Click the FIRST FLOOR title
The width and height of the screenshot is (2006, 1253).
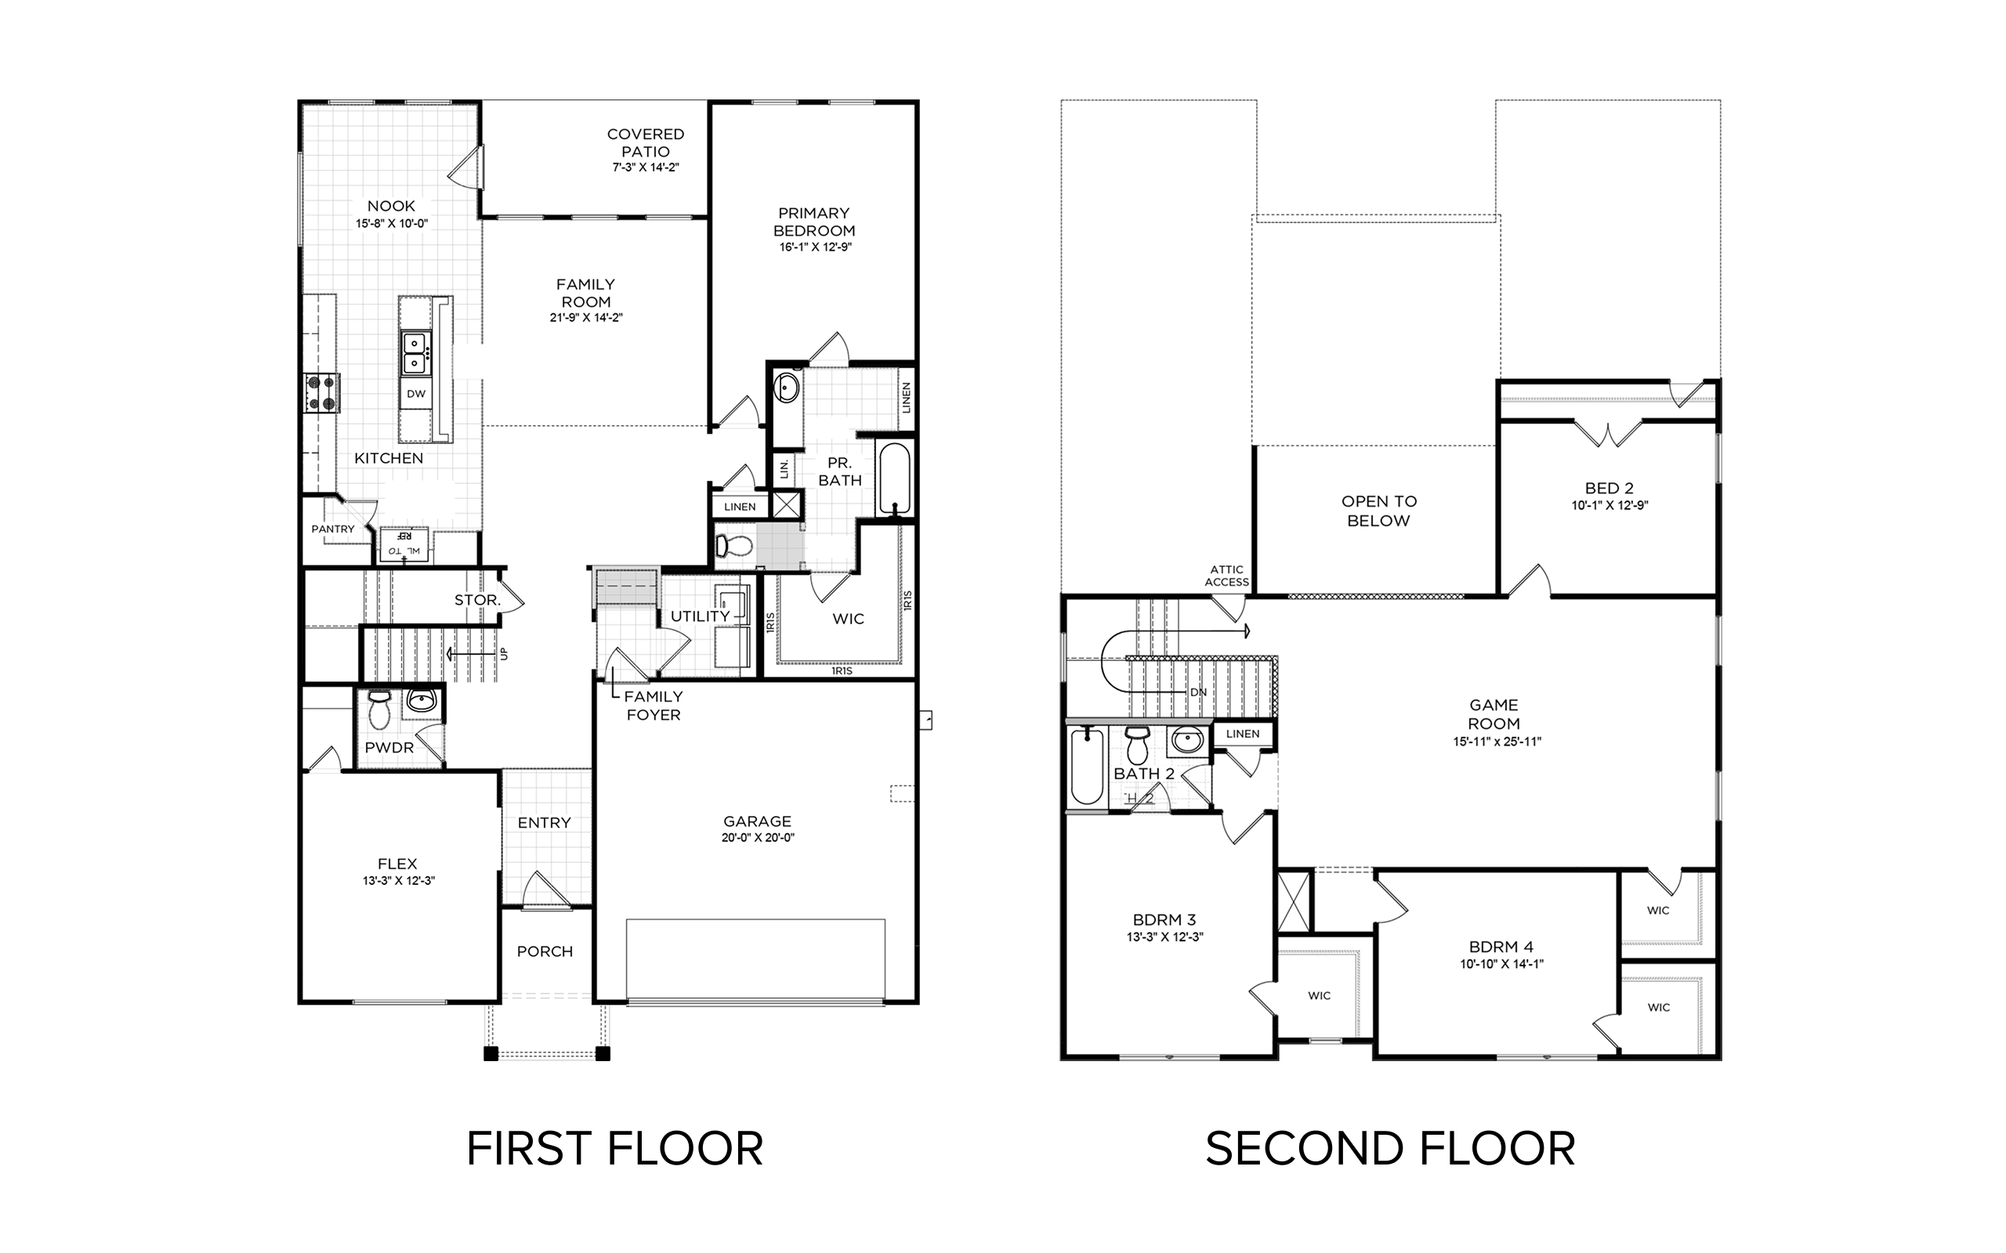[x=614, y=1149]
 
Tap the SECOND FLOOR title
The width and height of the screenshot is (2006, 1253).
[x=1390, y=1149]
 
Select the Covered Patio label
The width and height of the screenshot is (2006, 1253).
[x=646, y=143]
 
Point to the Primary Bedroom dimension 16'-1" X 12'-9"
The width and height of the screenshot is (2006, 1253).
[x=816, y=247]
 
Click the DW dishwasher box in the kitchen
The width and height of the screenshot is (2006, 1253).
[x=416, y=395]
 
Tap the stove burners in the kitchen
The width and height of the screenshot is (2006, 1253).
[x=320, y=393]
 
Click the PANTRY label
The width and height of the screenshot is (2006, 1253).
[x=332, y=529]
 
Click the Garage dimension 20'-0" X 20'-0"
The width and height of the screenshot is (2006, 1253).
[x=758, y=838]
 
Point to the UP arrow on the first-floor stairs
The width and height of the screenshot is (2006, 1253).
[x=473, y=654]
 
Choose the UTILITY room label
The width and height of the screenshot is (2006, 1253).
[x=701, y=616]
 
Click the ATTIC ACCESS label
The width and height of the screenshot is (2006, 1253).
[x=1227, y=576]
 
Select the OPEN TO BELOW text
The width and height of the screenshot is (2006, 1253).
[x=1379, y=511]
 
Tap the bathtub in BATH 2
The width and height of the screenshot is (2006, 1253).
[x=1087, y=767]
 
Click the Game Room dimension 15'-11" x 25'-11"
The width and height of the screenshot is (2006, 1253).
[x=1497, y=742]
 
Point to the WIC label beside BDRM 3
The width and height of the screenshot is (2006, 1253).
[x=1319, y=995]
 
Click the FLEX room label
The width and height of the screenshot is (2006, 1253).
[x=398, y=864]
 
